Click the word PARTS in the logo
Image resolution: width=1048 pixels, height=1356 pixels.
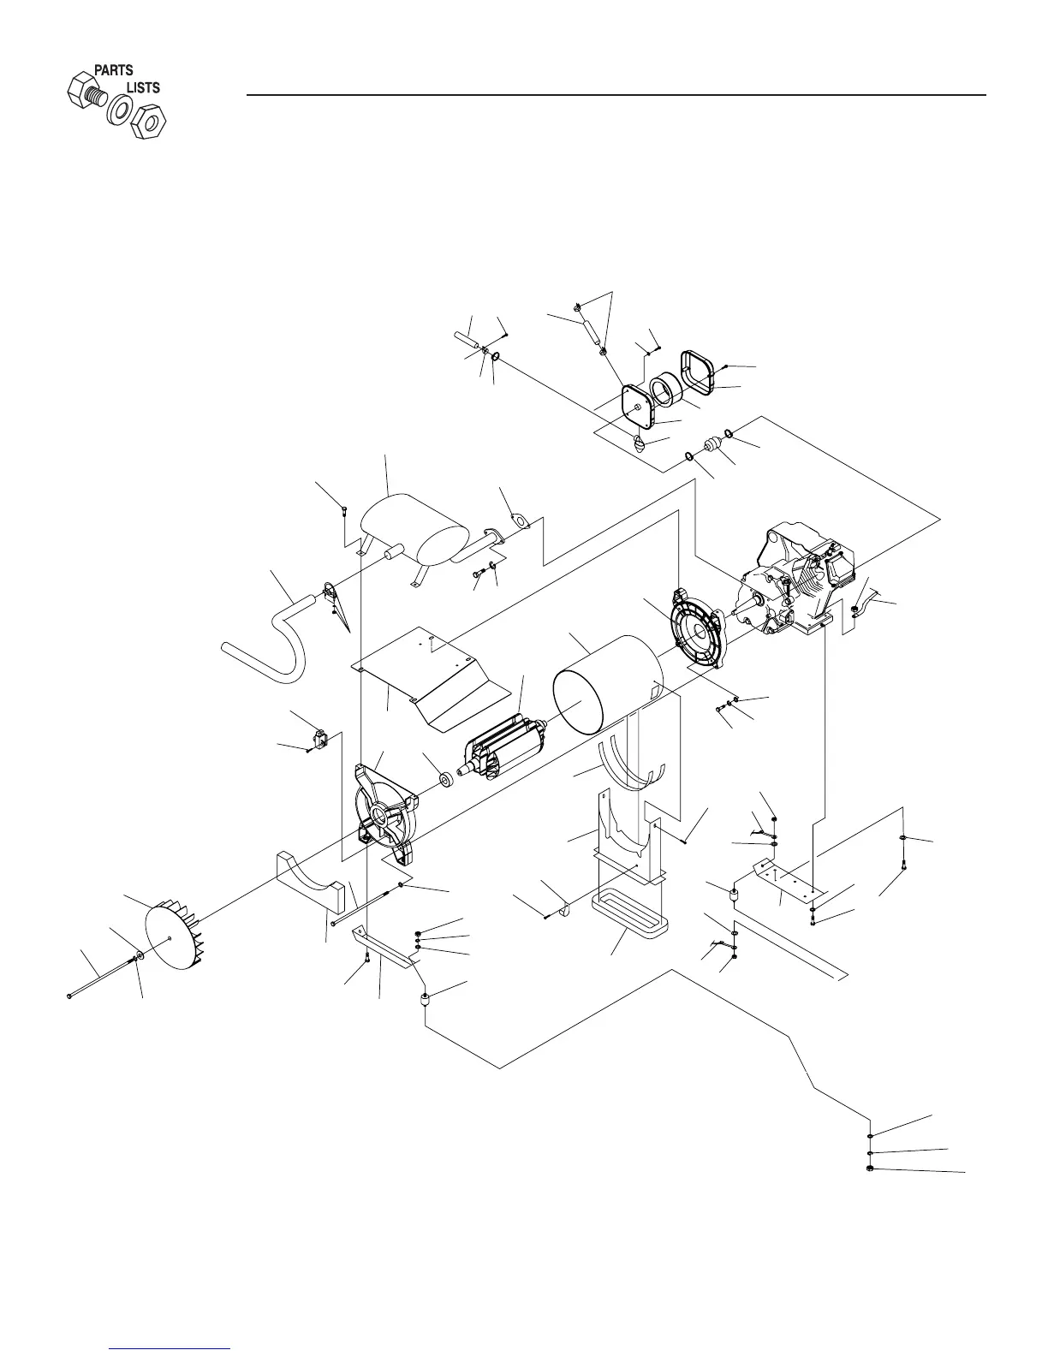[x=113, y=70]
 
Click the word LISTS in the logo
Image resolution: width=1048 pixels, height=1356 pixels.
[x=143, y=87]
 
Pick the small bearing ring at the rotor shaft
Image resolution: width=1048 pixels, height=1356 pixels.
[x=445, y=780]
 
